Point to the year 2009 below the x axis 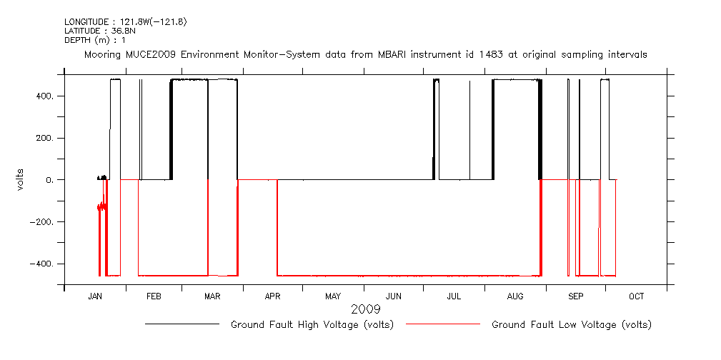(365, 310)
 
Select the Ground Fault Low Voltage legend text (572, 325)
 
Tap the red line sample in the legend (443, 324)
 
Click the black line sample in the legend (182, 324)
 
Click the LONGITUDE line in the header (126, 22)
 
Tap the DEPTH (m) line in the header (95, 40)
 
